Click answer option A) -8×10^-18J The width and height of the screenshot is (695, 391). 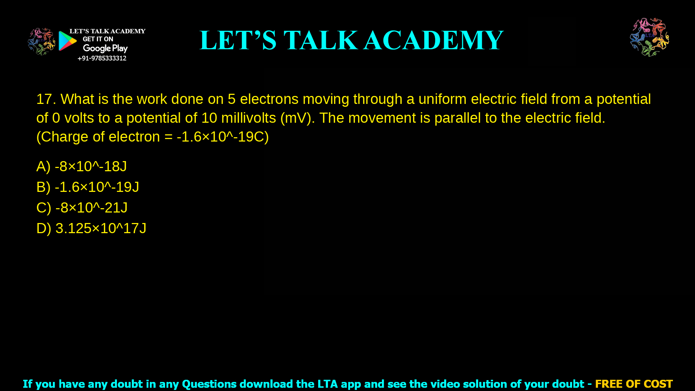pos(81,167)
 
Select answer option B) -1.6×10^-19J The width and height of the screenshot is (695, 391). pos(88,187)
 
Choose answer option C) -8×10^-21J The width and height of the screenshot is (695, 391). pos(82,208)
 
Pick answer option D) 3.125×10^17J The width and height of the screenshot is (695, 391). pos(91,228)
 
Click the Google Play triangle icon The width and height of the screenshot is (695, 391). pos(67,41)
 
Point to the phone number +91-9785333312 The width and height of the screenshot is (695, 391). pos(102,58)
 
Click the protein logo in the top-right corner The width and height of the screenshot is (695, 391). pos(649,37)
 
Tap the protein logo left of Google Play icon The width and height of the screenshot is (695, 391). pos(42,42)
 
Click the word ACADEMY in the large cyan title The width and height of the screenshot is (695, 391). pos(433,40)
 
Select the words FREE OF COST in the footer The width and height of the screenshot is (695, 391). pos(634,384)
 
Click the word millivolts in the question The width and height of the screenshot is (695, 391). pos(248,118)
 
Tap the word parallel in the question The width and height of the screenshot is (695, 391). pos(458,118)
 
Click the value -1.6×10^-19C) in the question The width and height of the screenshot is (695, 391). pos(223,137)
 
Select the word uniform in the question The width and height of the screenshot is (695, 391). pos(442,99)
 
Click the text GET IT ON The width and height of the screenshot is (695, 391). pos(98,39)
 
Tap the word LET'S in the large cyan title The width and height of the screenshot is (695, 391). pos(238,40)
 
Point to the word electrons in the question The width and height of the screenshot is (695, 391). pos(269,99)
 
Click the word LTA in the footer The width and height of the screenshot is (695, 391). pos(327,384)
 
